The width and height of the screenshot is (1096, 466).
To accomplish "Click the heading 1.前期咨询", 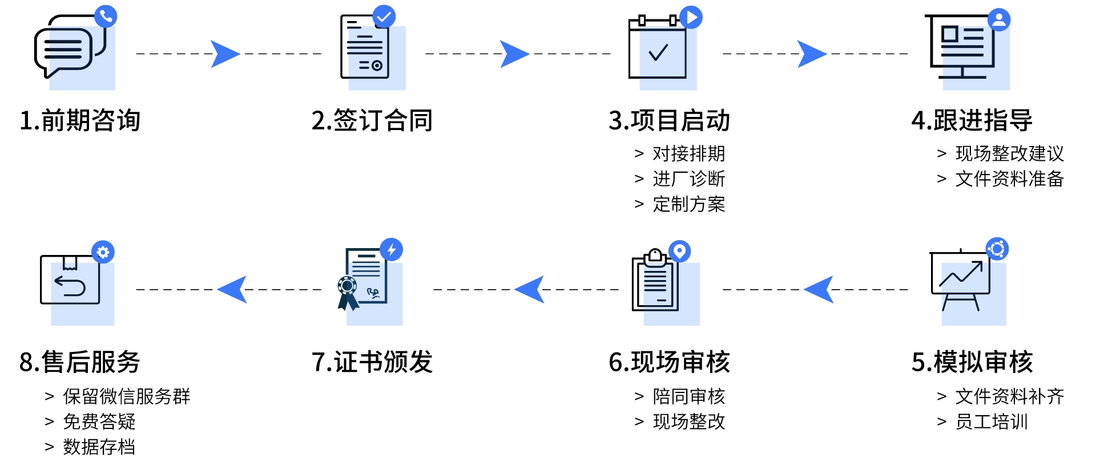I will coord(80,120).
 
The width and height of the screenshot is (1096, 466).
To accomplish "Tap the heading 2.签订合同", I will coord(372,120).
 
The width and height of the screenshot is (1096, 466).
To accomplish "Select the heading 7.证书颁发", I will coord(372,362).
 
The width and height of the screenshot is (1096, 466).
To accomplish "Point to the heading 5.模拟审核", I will coord(972,362).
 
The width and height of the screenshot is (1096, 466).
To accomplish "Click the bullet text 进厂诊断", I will coord(688,179).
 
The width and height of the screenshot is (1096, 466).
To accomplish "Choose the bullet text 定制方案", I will coord(688,204).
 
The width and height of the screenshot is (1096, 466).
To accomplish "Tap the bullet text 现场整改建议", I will coord(1009,153).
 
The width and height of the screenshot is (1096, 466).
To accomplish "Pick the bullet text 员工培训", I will coord(992,422).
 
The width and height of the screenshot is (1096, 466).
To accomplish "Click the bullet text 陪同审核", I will coord(688,396).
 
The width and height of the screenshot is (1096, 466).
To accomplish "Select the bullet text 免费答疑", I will coord(99,422).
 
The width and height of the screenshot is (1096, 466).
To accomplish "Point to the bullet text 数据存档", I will coord(99,447).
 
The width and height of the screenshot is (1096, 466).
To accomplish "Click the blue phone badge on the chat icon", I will coord(106,16).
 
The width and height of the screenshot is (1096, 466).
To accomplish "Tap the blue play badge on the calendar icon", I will coord(691,18).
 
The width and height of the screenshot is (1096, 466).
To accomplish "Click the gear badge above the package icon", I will coord(103,252).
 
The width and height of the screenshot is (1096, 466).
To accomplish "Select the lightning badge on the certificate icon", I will coord(392,250).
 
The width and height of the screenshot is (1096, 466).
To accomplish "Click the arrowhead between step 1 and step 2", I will coord(224,54).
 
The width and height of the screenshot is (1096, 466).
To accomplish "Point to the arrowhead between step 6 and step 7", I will coord(530,289).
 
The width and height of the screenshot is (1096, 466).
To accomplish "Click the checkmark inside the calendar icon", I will coord(658,52).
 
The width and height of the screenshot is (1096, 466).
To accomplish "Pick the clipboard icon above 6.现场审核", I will coord(655,281).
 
